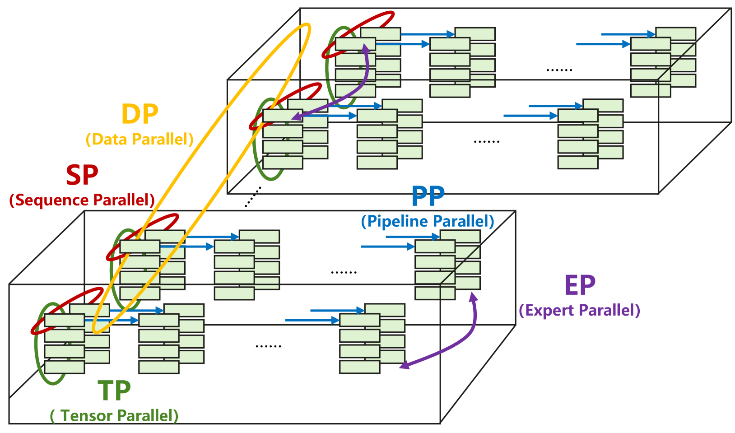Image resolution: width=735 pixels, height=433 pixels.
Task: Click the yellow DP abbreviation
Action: point(140,114)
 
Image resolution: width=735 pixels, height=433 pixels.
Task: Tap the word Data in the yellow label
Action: point(109,139)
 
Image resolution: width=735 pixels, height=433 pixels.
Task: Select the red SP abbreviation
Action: point(82,175)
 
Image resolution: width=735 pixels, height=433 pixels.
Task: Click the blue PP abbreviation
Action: point(428,196)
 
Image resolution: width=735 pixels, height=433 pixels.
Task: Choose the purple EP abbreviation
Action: point(580,285)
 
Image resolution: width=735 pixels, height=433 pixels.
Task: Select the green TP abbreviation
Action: point(114,391)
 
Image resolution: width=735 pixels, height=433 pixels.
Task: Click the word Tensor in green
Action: point(87,415)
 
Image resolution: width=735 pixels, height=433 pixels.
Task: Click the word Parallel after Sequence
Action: point(124,200)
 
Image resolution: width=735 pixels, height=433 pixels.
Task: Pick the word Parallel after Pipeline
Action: point(460,221)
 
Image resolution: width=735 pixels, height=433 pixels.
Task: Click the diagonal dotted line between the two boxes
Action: point(253,197)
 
